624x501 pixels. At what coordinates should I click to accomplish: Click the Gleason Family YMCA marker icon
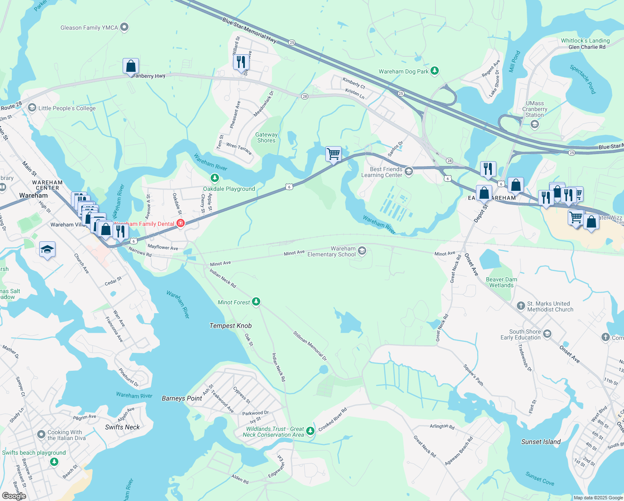point(124,28)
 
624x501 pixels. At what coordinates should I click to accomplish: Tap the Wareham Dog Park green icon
point(435,71)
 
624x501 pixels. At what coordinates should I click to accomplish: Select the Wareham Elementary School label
point(332,251)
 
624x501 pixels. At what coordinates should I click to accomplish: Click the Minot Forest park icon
point(256,302)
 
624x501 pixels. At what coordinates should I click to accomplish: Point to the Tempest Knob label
point(231,326)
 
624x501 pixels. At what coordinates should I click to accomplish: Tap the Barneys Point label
point(182,398)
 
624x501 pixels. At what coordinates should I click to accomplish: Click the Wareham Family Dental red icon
point(181,223)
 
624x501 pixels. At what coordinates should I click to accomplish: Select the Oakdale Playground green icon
point(215,179)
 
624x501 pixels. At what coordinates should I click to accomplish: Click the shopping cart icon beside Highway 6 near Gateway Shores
point(333,154)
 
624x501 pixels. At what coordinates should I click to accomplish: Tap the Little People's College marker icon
point(32,108)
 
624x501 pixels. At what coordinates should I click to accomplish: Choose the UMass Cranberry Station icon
point(534,124)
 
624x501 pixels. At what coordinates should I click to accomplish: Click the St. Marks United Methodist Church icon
point(521,306)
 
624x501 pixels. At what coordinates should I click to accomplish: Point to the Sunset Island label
point(541,442)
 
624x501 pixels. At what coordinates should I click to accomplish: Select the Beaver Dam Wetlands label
point(501,282)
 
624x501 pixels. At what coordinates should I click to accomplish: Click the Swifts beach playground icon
point(54,462)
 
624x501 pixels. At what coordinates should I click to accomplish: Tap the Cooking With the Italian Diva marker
point(41,435)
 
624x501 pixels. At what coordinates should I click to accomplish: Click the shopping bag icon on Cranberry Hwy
point(131,66)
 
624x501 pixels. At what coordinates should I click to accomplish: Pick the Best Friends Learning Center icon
point(409,172)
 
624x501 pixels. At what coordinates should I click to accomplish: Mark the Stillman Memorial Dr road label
point(310,346)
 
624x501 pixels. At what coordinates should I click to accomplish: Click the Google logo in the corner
point(14,496)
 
